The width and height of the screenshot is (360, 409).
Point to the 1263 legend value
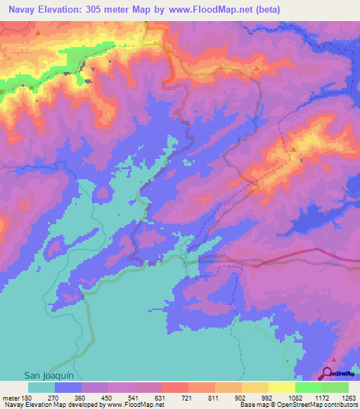(347, 397)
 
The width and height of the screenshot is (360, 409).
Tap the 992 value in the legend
(267, 397)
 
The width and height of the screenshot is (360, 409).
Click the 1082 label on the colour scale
(293, 397)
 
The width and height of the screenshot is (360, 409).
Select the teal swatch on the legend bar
(41, 387)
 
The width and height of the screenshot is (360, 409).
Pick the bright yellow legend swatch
(281, 387)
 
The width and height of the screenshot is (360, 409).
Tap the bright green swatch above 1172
(308, 387)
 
